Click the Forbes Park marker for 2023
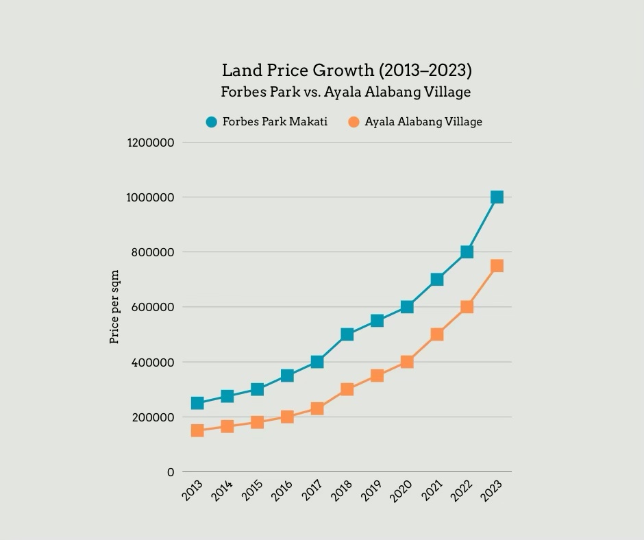coord(497,197)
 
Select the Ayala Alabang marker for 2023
coord(497,266)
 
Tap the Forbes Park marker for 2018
coord(347,334)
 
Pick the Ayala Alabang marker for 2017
coord(317,408)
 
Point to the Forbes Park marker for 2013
coord(197,403)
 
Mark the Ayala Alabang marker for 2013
coord(197,430)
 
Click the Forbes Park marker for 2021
coord(437,280)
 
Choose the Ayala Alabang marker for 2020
coord(407,362)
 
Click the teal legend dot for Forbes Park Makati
coord(212,122)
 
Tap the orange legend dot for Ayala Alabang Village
coord(354,122)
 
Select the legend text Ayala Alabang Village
coord(423,122)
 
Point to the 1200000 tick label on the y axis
coord(151,143)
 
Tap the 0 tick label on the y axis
coord(171,472)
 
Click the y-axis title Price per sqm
coord(115,307)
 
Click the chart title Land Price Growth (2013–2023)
coord(347,71)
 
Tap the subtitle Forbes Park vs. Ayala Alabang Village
coord(346,92)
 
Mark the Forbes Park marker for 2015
coord(257,389)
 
